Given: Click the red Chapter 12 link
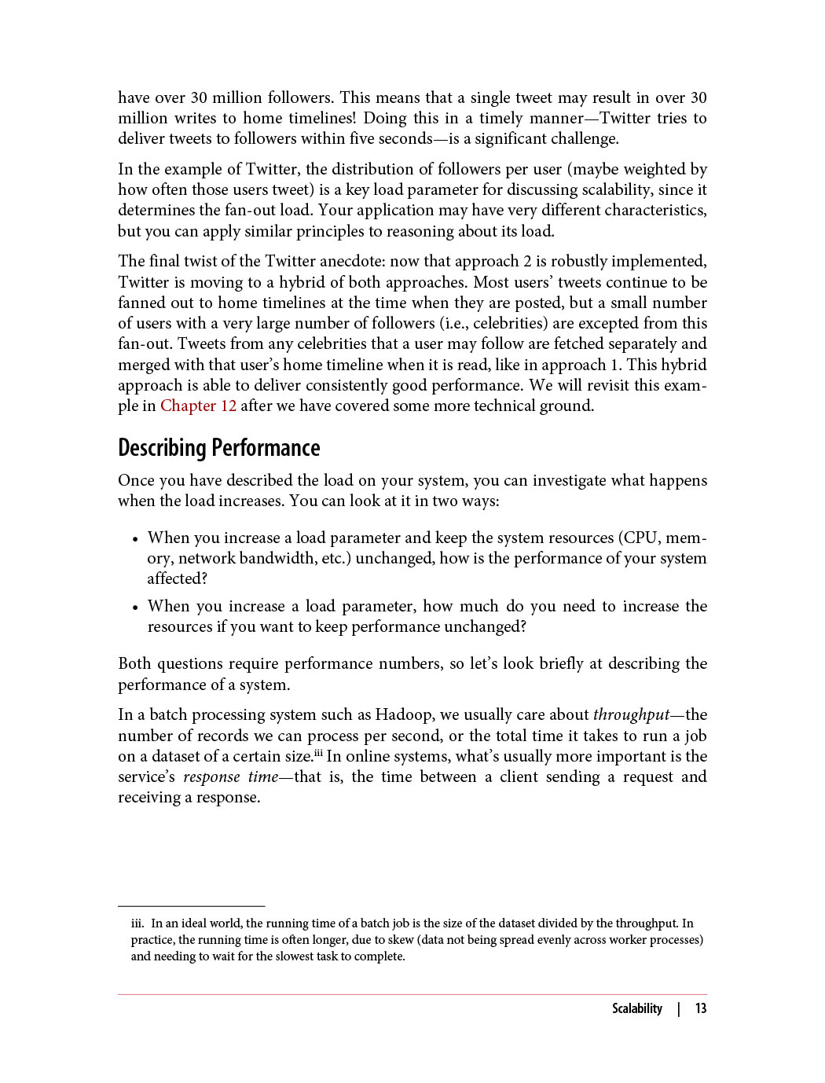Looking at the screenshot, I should (x=198, y=406).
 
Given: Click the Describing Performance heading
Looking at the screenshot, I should (x=218, y=448).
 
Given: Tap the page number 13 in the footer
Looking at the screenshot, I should (x=700, y=1008).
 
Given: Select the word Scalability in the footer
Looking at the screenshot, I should (x=636, y=1008).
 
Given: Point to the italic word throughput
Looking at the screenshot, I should (x=631, y=714).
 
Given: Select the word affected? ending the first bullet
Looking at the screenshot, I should (x=177, y=578).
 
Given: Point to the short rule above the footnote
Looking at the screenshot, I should (x=191, y=906).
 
